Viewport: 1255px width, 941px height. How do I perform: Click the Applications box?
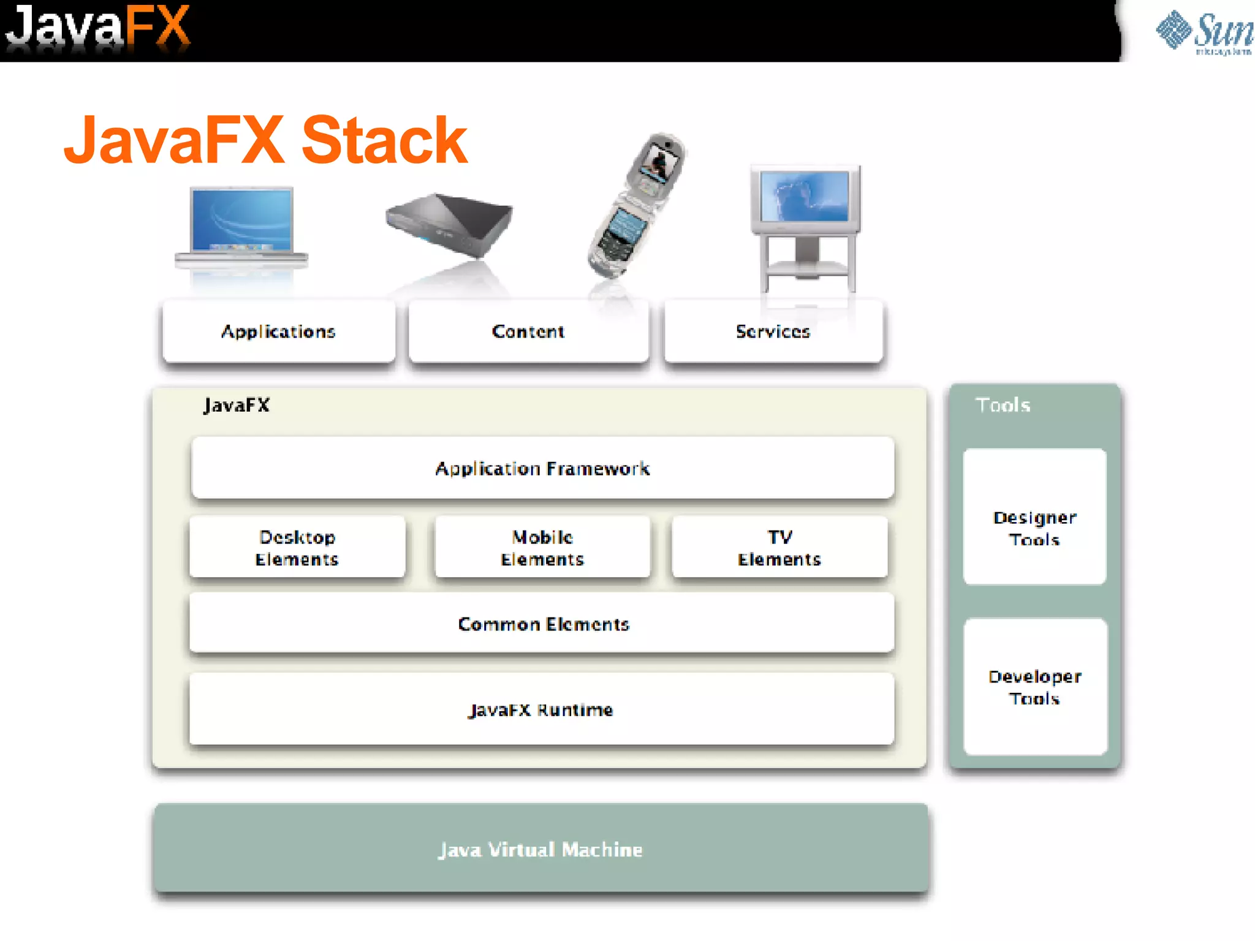coord(279,331)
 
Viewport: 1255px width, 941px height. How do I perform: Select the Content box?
coord(528,331)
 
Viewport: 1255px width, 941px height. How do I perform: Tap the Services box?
coord(773,331)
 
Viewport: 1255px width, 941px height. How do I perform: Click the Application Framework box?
coord(542,469)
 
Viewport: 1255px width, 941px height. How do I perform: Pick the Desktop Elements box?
coord(297,548)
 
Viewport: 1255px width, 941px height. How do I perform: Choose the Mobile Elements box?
coord(542,548)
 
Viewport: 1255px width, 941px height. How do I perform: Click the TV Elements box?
coord(779,548)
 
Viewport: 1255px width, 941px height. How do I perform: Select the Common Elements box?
coord(542,624)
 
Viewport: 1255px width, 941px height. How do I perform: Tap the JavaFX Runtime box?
coord(541,709)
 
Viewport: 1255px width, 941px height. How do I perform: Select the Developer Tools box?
coord(1035,687)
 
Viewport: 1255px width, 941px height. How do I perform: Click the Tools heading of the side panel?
coord(1003,405)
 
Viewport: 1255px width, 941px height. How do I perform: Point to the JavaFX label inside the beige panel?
coord(237,405)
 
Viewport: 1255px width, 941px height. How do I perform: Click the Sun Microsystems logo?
coord(1204,32)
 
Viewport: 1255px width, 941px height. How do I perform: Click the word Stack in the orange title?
coord(384,141)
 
